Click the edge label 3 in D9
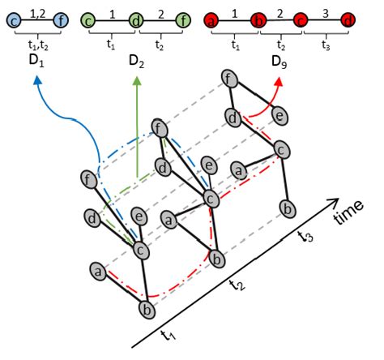click(x=326, y=12)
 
